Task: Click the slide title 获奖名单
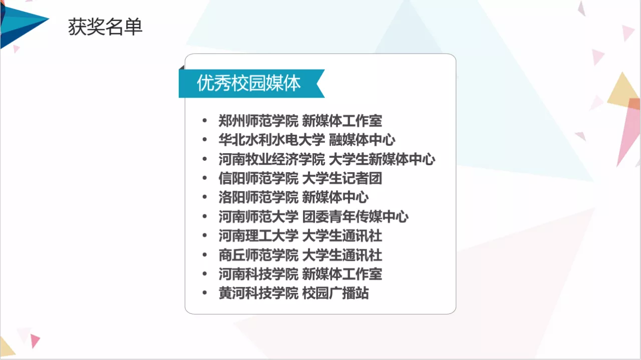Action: tap(105, 27)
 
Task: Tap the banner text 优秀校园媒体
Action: tap(249, 83)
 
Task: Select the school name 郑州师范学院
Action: tap(258, 121)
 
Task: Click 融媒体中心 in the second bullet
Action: tap(362, 140)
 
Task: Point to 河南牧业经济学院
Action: tap(272, 159)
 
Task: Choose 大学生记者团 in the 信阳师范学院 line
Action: tap(342, 178)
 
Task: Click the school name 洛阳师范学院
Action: tap(258, 197)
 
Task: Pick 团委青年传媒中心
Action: tap(355, 217)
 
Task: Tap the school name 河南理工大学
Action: tap(258, 236)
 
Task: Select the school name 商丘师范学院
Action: tap(258, 255)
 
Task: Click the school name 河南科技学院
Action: tap(258, 274)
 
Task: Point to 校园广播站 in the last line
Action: tap(336, 293)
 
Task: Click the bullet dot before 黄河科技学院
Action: tap(205, 293)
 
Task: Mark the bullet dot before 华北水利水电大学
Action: tap(205, 139)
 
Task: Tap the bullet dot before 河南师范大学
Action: tap(205, 216)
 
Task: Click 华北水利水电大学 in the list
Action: tap(272, 140)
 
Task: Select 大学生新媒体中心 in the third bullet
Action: tap(382, 159)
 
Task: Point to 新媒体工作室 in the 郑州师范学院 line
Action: tap(342, 121)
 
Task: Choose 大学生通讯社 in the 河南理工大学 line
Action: tap(342, 236)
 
